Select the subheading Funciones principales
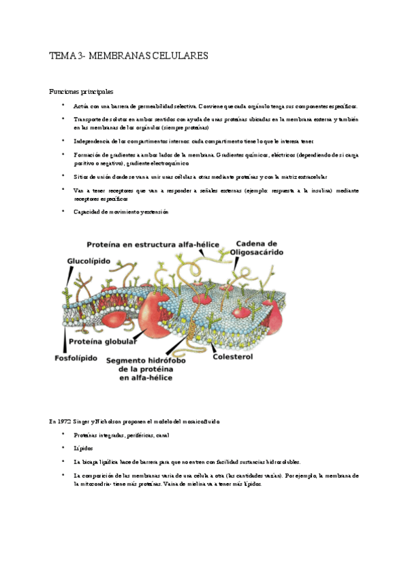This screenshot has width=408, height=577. click(80, 90)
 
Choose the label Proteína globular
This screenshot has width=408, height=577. click(100, 342)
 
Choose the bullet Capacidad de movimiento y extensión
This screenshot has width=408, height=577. click(120, 212)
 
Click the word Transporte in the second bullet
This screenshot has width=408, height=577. click(89, 119)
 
